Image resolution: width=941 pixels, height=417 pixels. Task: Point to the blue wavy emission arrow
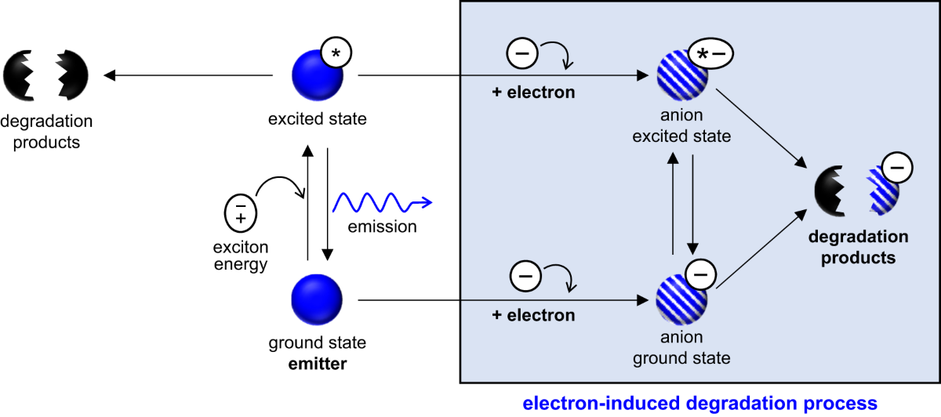(x=383, y=202)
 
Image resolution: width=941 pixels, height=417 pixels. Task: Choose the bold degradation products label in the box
(x=859, y=247)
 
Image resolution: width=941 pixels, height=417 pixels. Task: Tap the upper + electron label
(x=533, y=92)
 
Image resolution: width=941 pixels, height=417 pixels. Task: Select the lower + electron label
(x=533, y=316)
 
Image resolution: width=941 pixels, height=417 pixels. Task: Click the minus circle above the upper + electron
(x=522, y=53)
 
